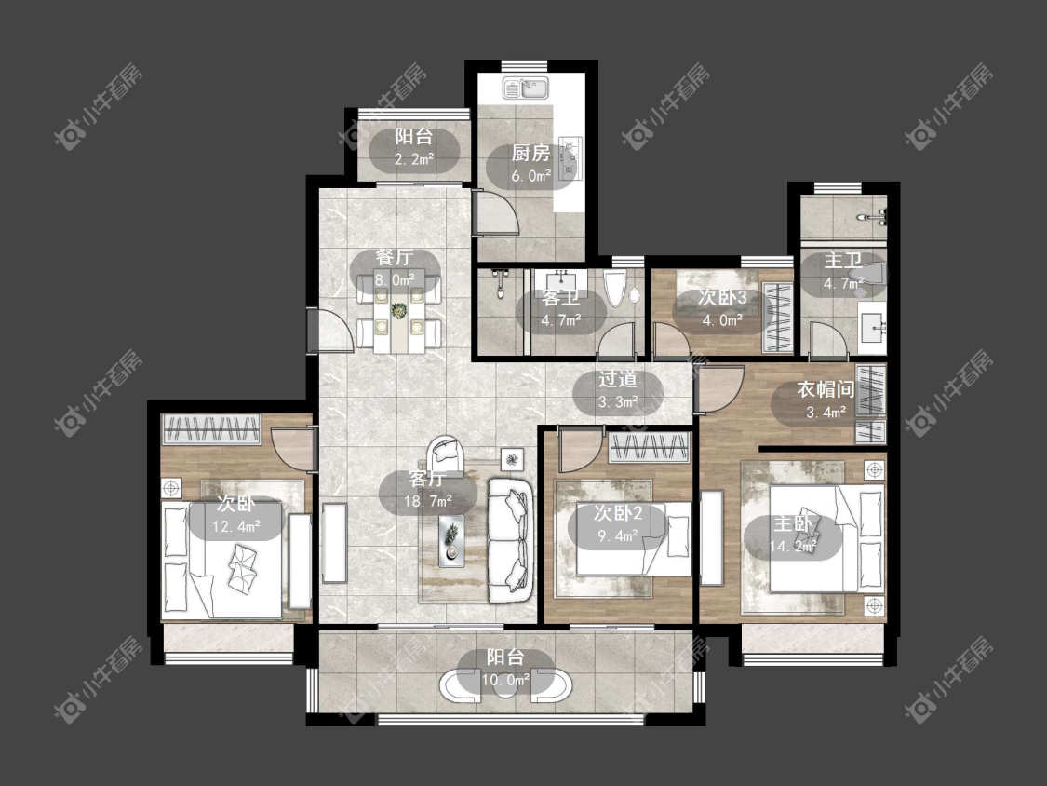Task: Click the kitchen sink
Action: (x=526, y=88)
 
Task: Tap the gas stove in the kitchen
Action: (x=570, y=159)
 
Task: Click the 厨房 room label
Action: (x=530, y=154)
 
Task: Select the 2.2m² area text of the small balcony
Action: (x=414, y=159)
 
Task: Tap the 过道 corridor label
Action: (x=618, y=380)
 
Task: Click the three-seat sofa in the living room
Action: (x=511, y=539)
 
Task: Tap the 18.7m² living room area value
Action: (x=428, y=501)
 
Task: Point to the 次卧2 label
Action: (x=618, y=513)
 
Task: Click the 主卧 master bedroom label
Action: (x=793, y=523)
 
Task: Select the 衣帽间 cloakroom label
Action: (x=826, y=389)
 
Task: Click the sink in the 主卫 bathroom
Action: (x=872, y=328)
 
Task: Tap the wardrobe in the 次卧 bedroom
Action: (x=211, y=429)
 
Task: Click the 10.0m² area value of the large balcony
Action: (x=505, y=681)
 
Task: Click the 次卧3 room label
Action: (x=722, y=297)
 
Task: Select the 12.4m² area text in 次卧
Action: (x=236, y=527)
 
